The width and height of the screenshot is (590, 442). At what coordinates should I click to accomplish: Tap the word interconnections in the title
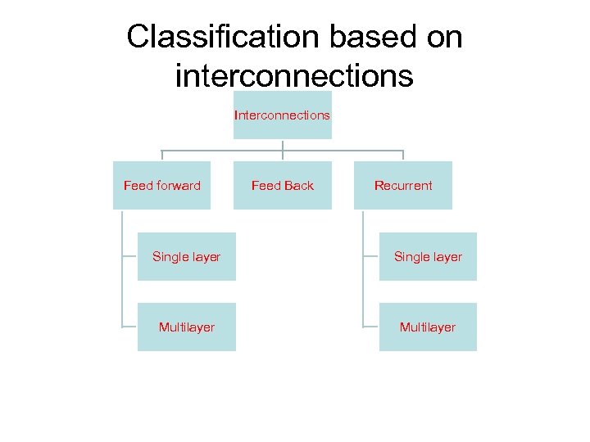pyautogui.click(x=294, y=75)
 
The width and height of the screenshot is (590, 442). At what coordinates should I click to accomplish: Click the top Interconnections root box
pyautogui.click(x=282, y=115)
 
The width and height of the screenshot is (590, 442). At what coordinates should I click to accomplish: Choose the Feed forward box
pyautogui.click(x=161, y=186)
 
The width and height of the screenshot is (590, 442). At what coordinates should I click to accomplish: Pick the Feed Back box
pyautogui.click(x=282, y=186)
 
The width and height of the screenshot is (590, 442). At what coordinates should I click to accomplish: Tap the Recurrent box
pyautogui.click(x=403, y=186)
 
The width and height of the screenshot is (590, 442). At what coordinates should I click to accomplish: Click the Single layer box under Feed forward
pyautogui.click(x=186, y=257)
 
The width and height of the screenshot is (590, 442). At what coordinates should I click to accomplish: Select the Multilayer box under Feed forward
pyautogui.click(x=186, y=327)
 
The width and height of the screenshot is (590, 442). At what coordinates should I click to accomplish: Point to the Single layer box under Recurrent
pyautogui.click(x=428, y=257)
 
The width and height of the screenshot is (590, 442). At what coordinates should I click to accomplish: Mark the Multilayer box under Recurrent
pyautogui.click(x=428, y=327)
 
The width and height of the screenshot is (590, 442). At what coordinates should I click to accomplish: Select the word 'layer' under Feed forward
pyautogui.click(x=206, y=257)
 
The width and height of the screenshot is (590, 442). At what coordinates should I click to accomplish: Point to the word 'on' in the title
pyautogui.click(x=442, y=37)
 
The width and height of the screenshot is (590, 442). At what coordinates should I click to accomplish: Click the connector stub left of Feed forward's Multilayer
pyautogui.click(x=129, y=327)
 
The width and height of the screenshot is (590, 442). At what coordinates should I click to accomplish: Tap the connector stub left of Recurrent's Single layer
pyautogui.click(x=370, y=256)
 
